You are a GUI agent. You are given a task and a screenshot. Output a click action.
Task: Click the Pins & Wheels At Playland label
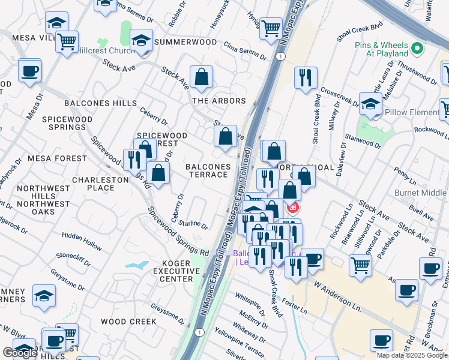382,49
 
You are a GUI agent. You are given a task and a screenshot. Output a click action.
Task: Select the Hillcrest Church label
106,52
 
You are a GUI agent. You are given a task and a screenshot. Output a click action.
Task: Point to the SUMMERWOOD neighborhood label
185,43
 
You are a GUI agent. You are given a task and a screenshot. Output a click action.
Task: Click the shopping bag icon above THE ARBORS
202,77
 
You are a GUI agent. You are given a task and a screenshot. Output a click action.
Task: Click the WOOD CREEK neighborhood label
128,322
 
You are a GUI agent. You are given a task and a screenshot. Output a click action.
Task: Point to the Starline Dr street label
193,224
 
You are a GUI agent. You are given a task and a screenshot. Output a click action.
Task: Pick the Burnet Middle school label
420,193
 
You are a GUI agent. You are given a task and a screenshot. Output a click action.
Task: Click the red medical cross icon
292,208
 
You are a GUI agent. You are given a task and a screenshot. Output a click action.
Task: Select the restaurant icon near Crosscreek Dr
306,78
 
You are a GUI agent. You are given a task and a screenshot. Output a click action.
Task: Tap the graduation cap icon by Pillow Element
370,104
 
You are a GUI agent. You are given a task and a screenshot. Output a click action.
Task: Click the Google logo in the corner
20,353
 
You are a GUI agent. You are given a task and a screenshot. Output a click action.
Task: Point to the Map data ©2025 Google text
411,355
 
